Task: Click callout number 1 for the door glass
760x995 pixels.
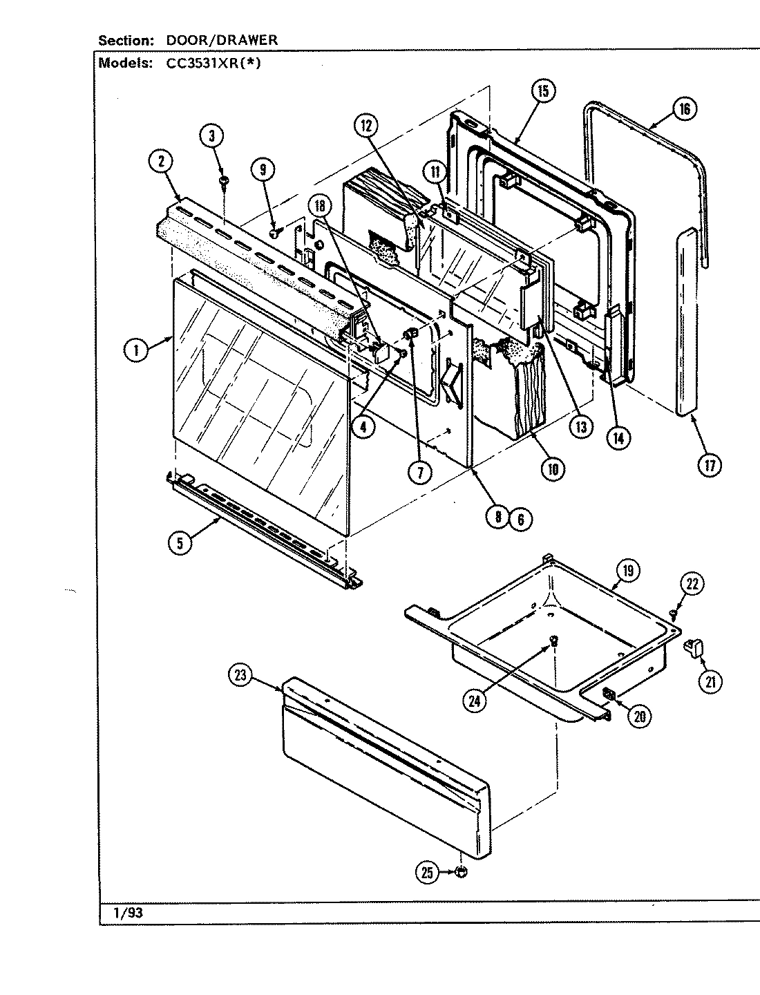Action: coord(136,350)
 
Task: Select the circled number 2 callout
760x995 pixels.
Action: coord(161,161)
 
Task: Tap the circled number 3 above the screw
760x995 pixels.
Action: coord(213,135)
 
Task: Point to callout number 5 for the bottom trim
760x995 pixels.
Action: coord(180,542)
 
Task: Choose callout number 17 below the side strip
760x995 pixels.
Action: coord(709,464)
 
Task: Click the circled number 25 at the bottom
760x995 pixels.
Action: coord(427,873)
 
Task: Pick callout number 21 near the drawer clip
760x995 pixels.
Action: coord(709,681)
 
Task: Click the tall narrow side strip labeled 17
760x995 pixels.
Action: coord(686,321)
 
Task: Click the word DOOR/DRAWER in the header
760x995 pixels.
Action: coord(222,40)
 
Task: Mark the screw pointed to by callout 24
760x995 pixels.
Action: coord(553,643)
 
